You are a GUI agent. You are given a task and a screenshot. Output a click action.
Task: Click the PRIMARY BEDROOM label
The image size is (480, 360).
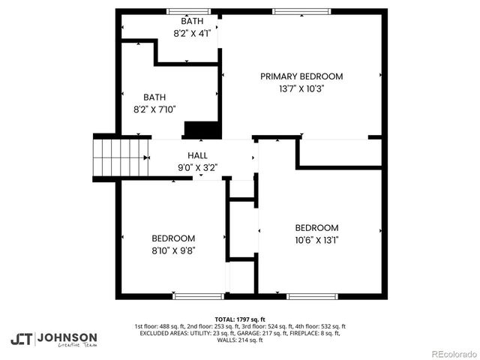(x=301, y=76)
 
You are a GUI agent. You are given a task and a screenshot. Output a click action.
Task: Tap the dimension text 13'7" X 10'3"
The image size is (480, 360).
(x=301, y=88)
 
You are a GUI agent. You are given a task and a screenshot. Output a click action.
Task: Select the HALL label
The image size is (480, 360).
(x=187, y=155)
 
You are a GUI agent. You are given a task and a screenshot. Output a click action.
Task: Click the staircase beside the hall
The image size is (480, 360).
(x=121, y=156)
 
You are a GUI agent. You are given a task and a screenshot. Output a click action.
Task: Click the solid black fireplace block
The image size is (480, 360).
(x=202, y=130)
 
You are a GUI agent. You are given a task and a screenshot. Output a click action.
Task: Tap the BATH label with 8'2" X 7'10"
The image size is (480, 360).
(x=154, y=97)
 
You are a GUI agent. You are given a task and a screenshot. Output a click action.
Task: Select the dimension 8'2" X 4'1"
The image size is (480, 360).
(x=192, y=33)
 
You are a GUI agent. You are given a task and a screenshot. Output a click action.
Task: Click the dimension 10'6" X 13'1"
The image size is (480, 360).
(x=316, y=240)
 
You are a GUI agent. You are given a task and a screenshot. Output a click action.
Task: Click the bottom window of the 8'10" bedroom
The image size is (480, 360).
(x=198, y=296)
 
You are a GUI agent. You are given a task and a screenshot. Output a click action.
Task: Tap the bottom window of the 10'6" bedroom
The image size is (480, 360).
(x=310, y=296)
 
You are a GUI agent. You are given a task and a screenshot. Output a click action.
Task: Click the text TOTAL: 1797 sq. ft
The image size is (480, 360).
(x=240, y=319)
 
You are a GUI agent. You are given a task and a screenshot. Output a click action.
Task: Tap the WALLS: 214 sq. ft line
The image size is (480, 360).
(x=240, y=340)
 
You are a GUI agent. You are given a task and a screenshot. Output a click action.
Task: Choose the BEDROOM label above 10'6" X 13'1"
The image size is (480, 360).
(x=316, y=228)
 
